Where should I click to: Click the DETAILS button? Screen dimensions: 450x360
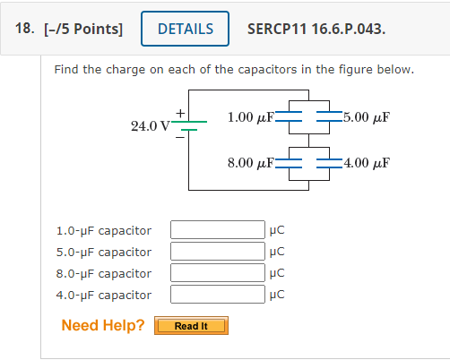pos(185,29)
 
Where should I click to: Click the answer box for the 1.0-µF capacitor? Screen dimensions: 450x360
pos(218,230)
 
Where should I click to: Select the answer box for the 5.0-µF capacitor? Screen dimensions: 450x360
pos(218,252)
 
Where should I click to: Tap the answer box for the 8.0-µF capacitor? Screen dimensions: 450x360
pos(218,273)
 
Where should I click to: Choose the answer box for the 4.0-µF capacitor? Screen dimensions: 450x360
pos(218,295)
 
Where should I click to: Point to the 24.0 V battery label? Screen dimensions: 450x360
pos(151,126)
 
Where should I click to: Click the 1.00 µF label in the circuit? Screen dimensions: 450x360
pos(251,117)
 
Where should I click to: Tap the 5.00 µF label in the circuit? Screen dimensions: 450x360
pos(367,117)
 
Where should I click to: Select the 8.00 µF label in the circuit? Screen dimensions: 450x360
pos(251,163)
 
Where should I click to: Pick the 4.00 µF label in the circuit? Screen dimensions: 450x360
pos(367,163)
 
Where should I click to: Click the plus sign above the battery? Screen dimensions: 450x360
pos(180,113)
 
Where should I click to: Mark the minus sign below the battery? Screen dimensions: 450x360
pos(180,137)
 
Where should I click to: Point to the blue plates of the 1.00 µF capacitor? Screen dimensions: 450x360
pos(289,116)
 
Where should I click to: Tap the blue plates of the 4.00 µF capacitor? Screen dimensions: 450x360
pos(329,163)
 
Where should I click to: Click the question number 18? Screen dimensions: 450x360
pos(24,29)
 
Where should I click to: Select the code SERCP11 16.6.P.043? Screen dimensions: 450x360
pos(316,30)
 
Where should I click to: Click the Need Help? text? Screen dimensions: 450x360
pos(103,325)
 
